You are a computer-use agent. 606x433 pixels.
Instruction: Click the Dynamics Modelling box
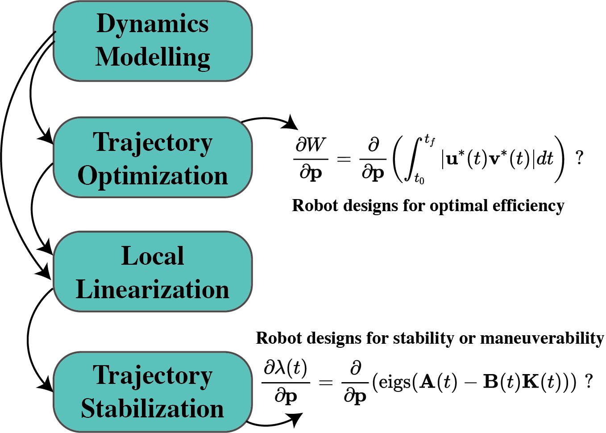153,41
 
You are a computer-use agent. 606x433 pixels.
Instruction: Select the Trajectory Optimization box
153,157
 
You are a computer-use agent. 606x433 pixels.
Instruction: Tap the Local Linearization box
153,271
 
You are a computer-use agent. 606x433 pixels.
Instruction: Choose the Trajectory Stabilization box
153,392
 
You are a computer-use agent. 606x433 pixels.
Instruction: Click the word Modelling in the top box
153,58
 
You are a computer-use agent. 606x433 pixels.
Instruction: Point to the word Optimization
153,176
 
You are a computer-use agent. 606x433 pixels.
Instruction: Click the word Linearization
153,290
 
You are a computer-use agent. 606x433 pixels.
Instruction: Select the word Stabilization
153,409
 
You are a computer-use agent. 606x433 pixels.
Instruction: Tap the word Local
153,256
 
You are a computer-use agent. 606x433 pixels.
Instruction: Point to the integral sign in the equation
413,159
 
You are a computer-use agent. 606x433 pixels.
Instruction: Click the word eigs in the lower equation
394,383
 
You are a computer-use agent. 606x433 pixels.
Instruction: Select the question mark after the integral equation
579,158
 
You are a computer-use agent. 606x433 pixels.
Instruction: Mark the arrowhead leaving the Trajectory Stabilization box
296,418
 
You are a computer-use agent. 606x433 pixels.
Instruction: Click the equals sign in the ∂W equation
344,158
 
